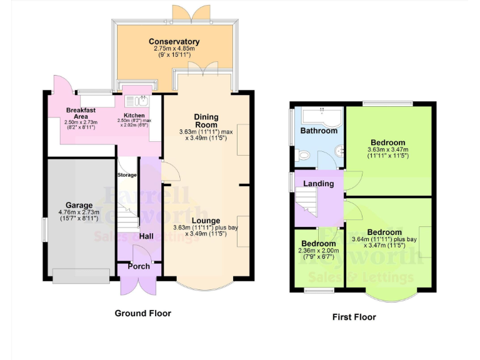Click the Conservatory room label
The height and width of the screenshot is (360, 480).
click(x=174, y=42)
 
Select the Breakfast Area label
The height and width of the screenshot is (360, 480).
click(x=80, y=113)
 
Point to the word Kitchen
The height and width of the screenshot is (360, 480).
click(x=134, y=116)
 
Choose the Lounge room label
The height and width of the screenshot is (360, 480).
click(x=206, y=221)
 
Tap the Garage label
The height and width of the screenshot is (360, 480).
click(x=79, y=205)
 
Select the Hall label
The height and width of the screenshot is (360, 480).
click(x=146, y=236)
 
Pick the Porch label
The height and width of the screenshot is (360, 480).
click(x=138, y=266)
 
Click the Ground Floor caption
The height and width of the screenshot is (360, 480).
click(x=142, y=313)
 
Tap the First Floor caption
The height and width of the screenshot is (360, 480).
click(x=354, y=317)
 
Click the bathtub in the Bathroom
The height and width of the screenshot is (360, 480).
click(x=319, y=116)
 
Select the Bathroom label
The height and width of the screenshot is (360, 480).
click(x=319, y=131)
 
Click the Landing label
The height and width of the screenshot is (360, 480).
click(x=318, y=184)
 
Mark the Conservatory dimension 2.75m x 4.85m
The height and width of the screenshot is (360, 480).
click(x=174, y=49)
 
